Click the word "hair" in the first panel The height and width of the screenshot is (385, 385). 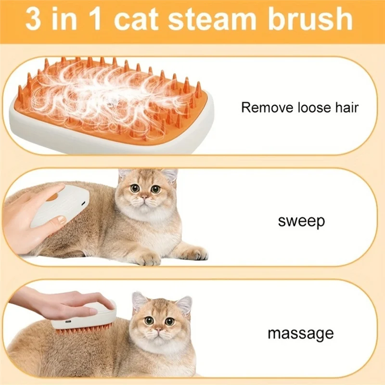(346, 107)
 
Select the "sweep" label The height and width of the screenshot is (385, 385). (301, 221)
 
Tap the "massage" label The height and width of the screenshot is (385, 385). (300, 333)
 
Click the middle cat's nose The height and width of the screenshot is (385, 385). (142, 198)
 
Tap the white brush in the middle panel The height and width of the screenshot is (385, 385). (57, 205)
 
